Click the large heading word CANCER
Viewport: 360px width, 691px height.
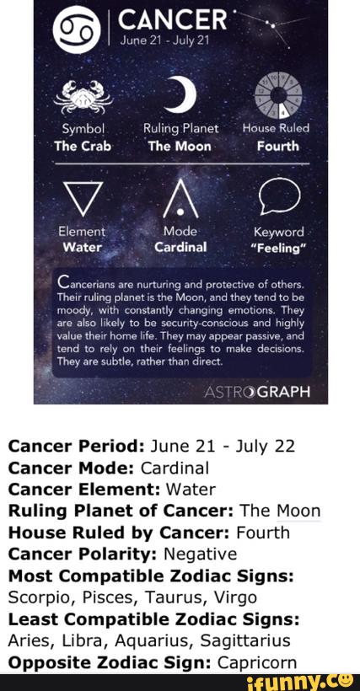(x=172, y=21)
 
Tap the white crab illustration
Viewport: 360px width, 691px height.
(x=83, y=97)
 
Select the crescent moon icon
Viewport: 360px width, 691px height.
(x=181, y=94)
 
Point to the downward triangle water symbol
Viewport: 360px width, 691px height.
(x=83, y=198)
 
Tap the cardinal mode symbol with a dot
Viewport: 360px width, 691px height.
(x=180, y=199)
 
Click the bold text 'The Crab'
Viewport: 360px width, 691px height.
(x=83, y=147)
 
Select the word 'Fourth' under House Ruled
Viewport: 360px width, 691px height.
(x=278, y=147)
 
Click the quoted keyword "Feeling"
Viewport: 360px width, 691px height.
(x=278, y=248)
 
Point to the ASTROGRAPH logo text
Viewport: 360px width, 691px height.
(x=257, y=391)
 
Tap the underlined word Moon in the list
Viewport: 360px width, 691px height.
(x=298, y=512)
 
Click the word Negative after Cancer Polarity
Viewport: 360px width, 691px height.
(x=200, y=554)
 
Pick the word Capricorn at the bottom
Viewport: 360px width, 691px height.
(x=257, y=662)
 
